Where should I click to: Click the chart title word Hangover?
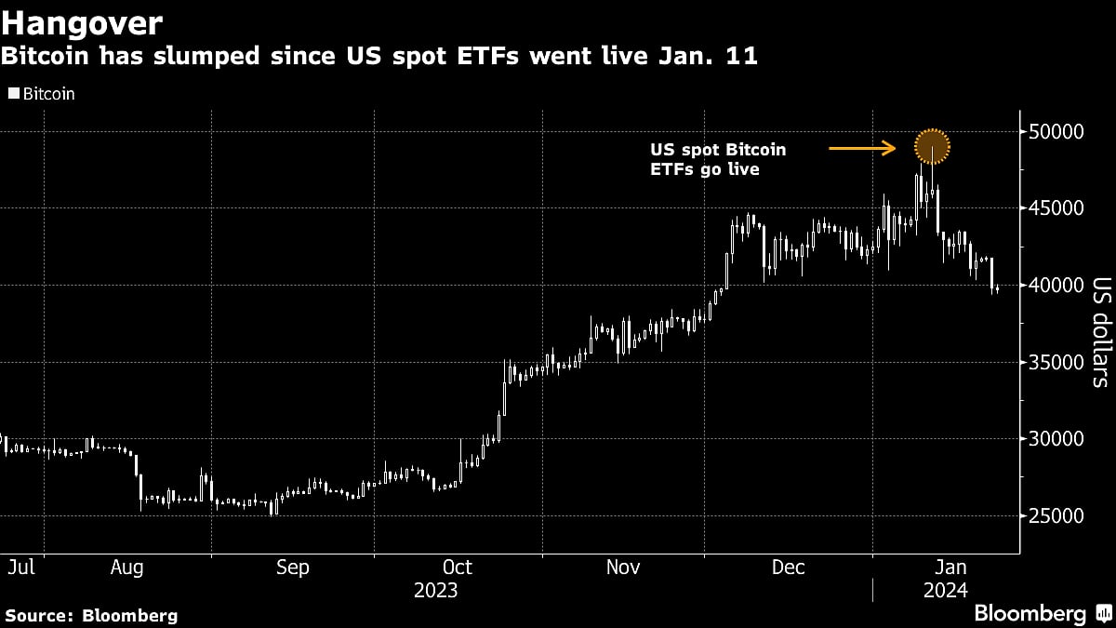coord(83,22)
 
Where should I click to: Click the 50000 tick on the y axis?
coord(1058,131)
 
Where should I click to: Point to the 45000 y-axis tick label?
coord(1058,208)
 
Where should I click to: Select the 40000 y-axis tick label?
coord(1058,285)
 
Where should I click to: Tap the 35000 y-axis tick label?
coord(1058,362)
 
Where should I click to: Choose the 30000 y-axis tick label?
coord(1058,438)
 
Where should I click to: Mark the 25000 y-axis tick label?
coord(1058,515)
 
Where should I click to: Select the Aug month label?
coord(126,567)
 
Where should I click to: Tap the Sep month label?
coord(293,567)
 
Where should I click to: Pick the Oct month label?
coord(457,567)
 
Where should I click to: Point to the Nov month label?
coord(623,567)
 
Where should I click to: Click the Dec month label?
coord(789,567)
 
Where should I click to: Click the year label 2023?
coord(436,590)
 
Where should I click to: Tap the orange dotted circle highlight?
coord(932,147)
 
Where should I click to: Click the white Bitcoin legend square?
coord(13,94)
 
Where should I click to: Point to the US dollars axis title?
coord(1100,332)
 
